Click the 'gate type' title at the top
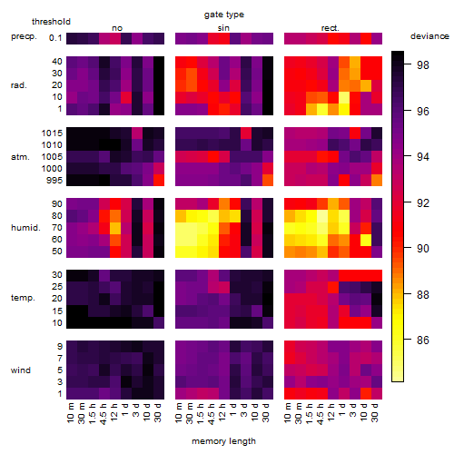[224, 15]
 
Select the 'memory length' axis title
[223, 441]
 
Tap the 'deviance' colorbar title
[429, 36]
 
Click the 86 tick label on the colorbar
[423, 340]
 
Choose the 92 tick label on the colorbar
[423, 202]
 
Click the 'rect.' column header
[331, 28]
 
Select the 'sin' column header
[223, 28]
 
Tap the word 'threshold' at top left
[51, 22]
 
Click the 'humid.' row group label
[25, 228]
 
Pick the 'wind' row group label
[21, 370]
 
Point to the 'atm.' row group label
[20, 157]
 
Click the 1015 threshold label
[52, 133]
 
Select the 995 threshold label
[54, 181]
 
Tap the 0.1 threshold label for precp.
[55, 38]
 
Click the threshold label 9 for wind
[60, 347]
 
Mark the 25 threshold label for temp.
[57, 287]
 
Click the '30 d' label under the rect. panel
[375, 413]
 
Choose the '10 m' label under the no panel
[70, 413]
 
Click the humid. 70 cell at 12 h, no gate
[115, 228]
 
